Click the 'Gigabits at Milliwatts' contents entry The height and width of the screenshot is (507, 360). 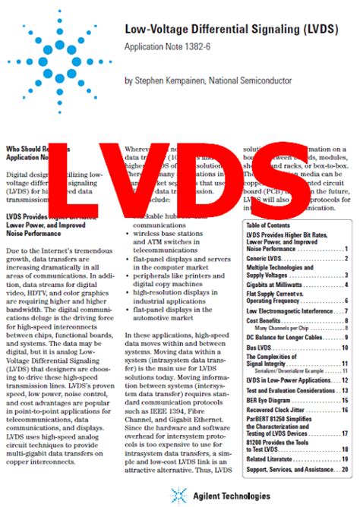[x=275, y=285]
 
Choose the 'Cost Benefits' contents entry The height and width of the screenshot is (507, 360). [x=267, y=321]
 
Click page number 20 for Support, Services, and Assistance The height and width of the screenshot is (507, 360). [x=345, y=471]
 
